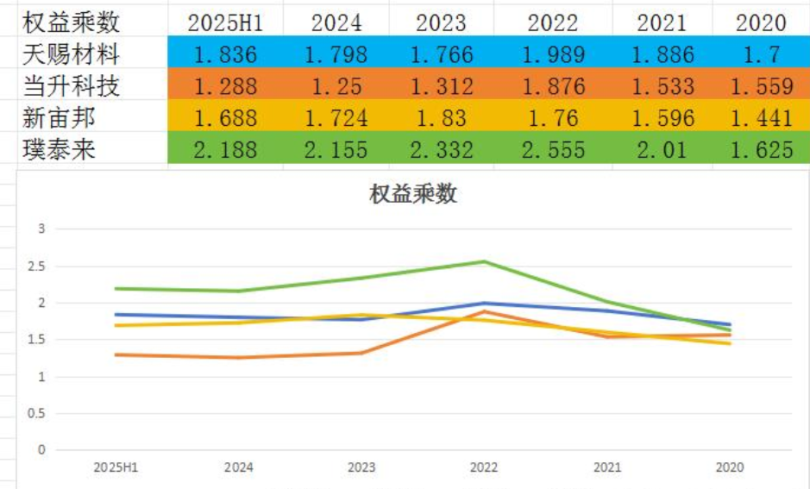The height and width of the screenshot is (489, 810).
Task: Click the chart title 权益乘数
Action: tap(412, 194)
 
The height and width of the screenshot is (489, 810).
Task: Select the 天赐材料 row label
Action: tap(71, 55)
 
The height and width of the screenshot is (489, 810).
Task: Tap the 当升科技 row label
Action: tap(71, 86)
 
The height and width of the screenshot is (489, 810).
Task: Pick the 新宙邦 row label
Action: tap(59, 117)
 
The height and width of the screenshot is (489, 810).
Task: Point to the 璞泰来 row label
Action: tap(59, 148)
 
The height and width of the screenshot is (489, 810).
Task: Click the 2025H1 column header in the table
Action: tap(225, 22)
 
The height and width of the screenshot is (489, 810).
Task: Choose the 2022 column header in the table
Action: tap(552, 22)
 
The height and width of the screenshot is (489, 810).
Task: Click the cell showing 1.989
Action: tap(552, 55)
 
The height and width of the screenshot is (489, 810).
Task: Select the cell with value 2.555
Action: tap(552, 149)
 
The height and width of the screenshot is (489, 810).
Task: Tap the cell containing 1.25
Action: tap(336, 86)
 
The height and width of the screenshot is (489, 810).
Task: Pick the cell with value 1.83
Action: tap(441, 117)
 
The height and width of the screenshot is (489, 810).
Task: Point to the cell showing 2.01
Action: tap(662, 149)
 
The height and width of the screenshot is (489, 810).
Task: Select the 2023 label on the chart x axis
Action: tap(361, 468)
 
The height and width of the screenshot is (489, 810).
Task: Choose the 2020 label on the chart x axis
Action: tap(730, 468)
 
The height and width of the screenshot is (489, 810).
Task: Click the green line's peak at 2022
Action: tap(484, 261)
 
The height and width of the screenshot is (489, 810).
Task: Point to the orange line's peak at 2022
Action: tap(484, 311)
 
